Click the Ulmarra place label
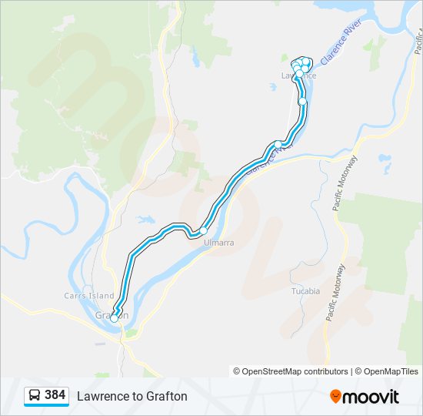[x=218, y=243]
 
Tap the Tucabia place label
[x=305, y=291]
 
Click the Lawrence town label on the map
[x=298, y=75]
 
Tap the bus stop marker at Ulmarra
[x=204, y=230]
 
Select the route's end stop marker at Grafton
[x=115, y=317]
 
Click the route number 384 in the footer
[x=55, y=395]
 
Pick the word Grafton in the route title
[x=166, y=396]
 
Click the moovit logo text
[x=371, y=397]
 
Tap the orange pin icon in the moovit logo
[x=335, y=397]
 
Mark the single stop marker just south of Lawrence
[x=303, y=102]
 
